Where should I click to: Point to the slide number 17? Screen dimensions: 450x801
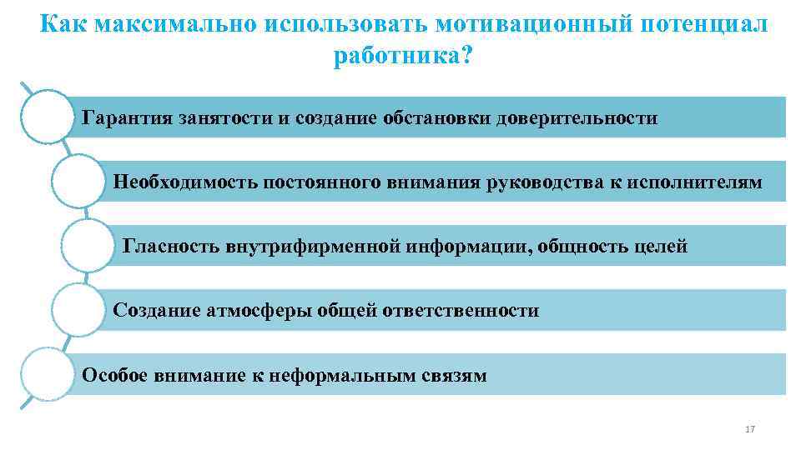tap(749, 429)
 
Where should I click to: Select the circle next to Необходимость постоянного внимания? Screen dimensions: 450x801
tap(78, 181)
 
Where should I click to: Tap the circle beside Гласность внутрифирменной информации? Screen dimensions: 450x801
tap(87, 246)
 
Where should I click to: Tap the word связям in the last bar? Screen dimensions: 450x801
tap(455, 376)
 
